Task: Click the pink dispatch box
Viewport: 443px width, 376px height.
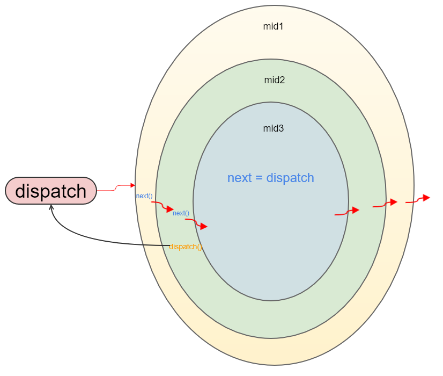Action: point(51,191)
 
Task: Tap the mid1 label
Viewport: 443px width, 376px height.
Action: point(273,26)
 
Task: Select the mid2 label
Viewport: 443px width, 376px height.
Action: point(274,80)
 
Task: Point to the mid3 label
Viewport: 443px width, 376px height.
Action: point(273,128)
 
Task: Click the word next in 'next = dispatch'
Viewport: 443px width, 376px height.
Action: point(239,178)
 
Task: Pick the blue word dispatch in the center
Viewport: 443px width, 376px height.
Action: point(290,178)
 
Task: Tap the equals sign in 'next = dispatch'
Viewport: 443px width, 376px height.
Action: point(259,178)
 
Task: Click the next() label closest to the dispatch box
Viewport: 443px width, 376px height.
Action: point(144,196)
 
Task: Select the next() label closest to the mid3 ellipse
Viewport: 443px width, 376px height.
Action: point(181,213)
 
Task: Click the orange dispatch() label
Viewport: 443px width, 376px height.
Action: point(186,247)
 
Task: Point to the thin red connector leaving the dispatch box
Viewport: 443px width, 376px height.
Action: point(115,187)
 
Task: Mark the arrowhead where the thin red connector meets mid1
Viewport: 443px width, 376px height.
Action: point(133,185)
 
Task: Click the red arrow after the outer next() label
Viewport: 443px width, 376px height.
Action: point(163,206)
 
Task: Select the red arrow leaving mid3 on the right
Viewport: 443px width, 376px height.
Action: point(346,212)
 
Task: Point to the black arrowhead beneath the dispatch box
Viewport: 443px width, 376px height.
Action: point(51,207)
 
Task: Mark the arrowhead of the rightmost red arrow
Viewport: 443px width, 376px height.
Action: point(426,198)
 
